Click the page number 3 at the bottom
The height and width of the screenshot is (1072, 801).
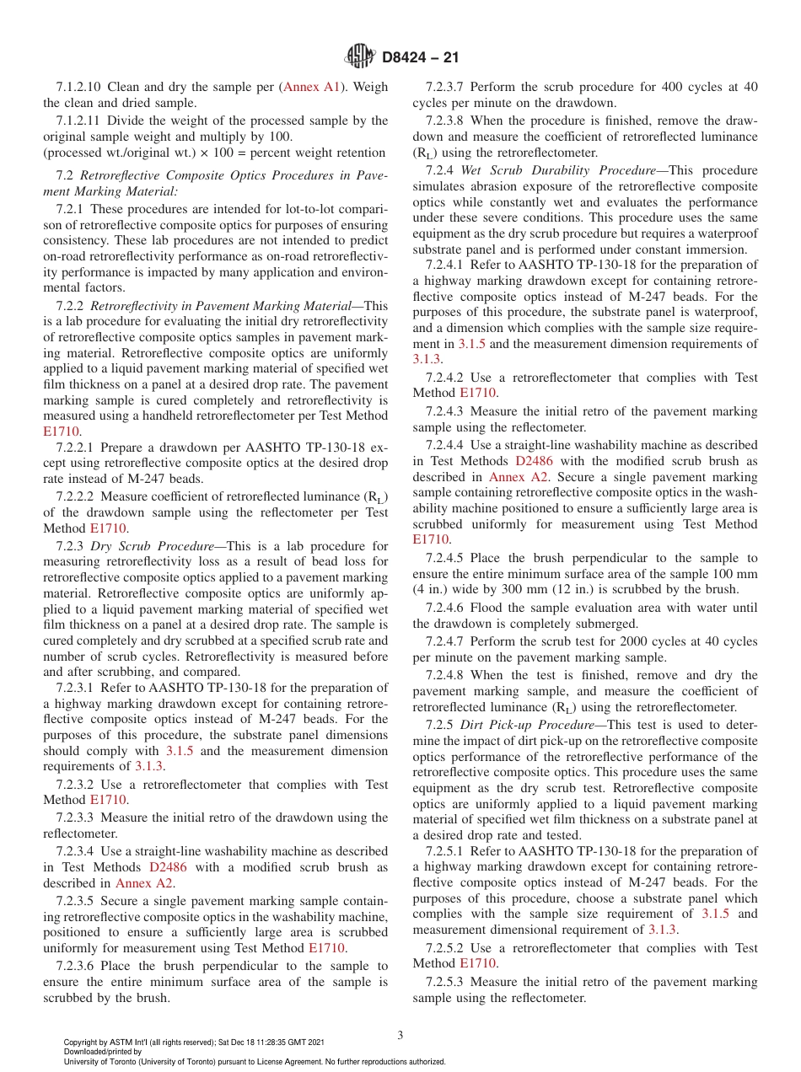[x=400, y=1035]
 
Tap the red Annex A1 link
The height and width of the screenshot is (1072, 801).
[x=312, y=87]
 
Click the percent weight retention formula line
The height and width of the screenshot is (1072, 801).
[x=214, y=153]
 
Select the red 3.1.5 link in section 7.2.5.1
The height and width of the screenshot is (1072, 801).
[x=715, y=914]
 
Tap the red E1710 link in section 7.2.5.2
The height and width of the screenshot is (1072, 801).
[x=477, y=963]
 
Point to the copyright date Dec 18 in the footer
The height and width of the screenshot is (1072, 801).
[x=252, y=1043]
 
